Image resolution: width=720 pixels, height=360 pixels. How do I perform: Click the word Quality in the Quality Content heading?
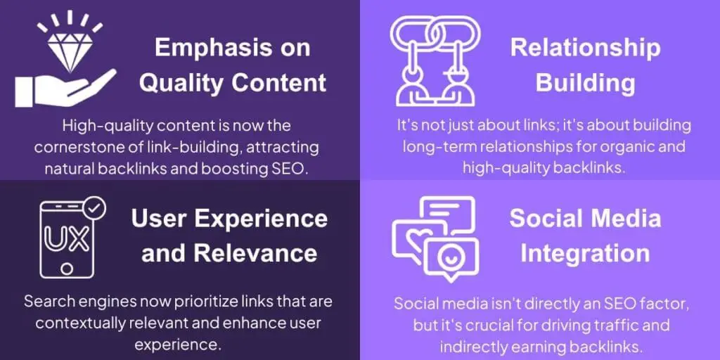[x=181, y=82]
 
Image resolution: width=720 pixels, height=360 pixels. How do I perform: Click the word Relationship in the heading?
[x=585, y=47]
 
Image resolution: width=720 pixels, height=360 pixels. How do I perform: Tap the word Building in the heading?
[x=585, y=83]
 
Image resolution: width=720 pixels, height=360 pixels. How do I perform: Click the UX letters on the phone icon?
[x=67, y=239]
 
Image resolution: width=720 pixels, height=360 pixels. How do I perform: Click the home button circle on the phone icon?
[x=67, y=269]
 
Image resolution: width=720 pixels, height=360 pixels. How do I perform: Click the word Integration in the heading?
[x=585, y=252]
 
